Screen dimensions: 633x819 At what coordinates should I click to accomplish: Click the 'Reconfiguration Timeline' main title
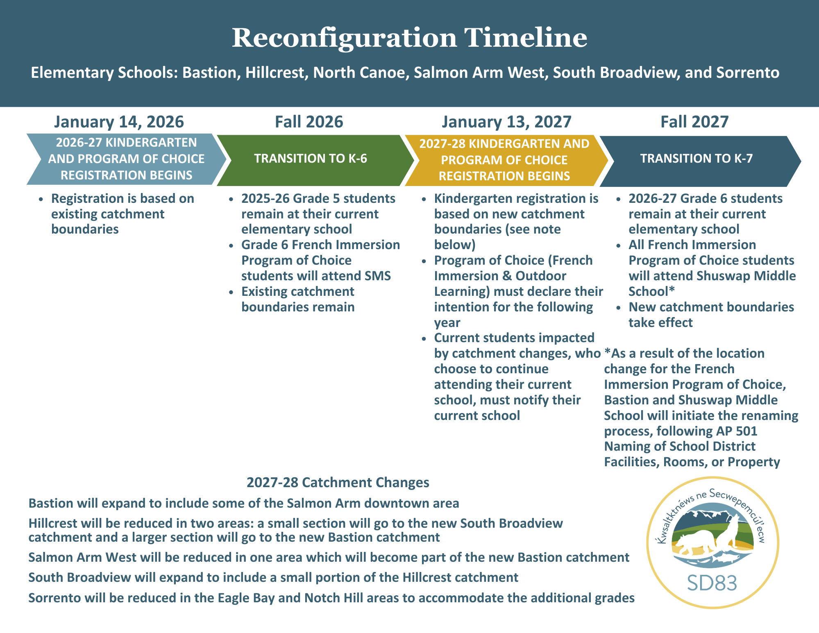point(409,38)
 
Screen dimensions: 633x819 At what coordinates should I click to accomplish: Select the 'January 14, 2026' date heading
point(119,122)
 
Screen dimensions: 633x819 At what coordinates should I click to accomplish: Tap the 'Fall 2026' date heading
point(309,122)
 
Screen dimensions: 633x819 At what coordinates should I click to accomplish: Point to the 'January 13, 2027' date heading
point(506,122)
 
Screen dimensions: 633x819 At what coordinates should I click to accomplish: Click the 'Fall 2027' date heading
point(694,122)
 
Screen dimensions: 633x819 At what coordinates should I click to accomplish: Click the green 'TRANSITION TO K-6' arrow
point(311,159)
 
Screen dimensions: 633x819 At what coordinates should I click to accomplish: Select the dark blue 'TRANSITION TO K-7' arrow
point(696,159)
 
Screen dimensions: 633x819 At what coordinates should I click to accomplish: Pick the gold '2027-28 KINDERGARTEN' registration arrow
point(504,160)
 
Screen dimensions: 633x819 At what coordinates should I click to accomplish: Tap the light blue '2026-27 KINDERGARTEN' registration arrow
point(126,159)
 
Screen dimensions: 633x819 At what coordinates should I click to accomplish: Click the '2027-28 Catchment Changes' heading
point(338,482)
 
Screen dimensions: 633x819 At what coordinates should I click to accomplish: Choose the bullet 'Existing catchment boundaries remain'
point(298,299)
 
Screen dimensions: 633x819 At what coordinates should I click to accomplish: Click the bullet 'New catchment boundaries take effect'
point(711,315)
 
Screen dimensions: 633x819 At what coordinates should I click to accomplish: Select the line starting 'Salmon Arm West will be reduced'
point(329,557)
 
